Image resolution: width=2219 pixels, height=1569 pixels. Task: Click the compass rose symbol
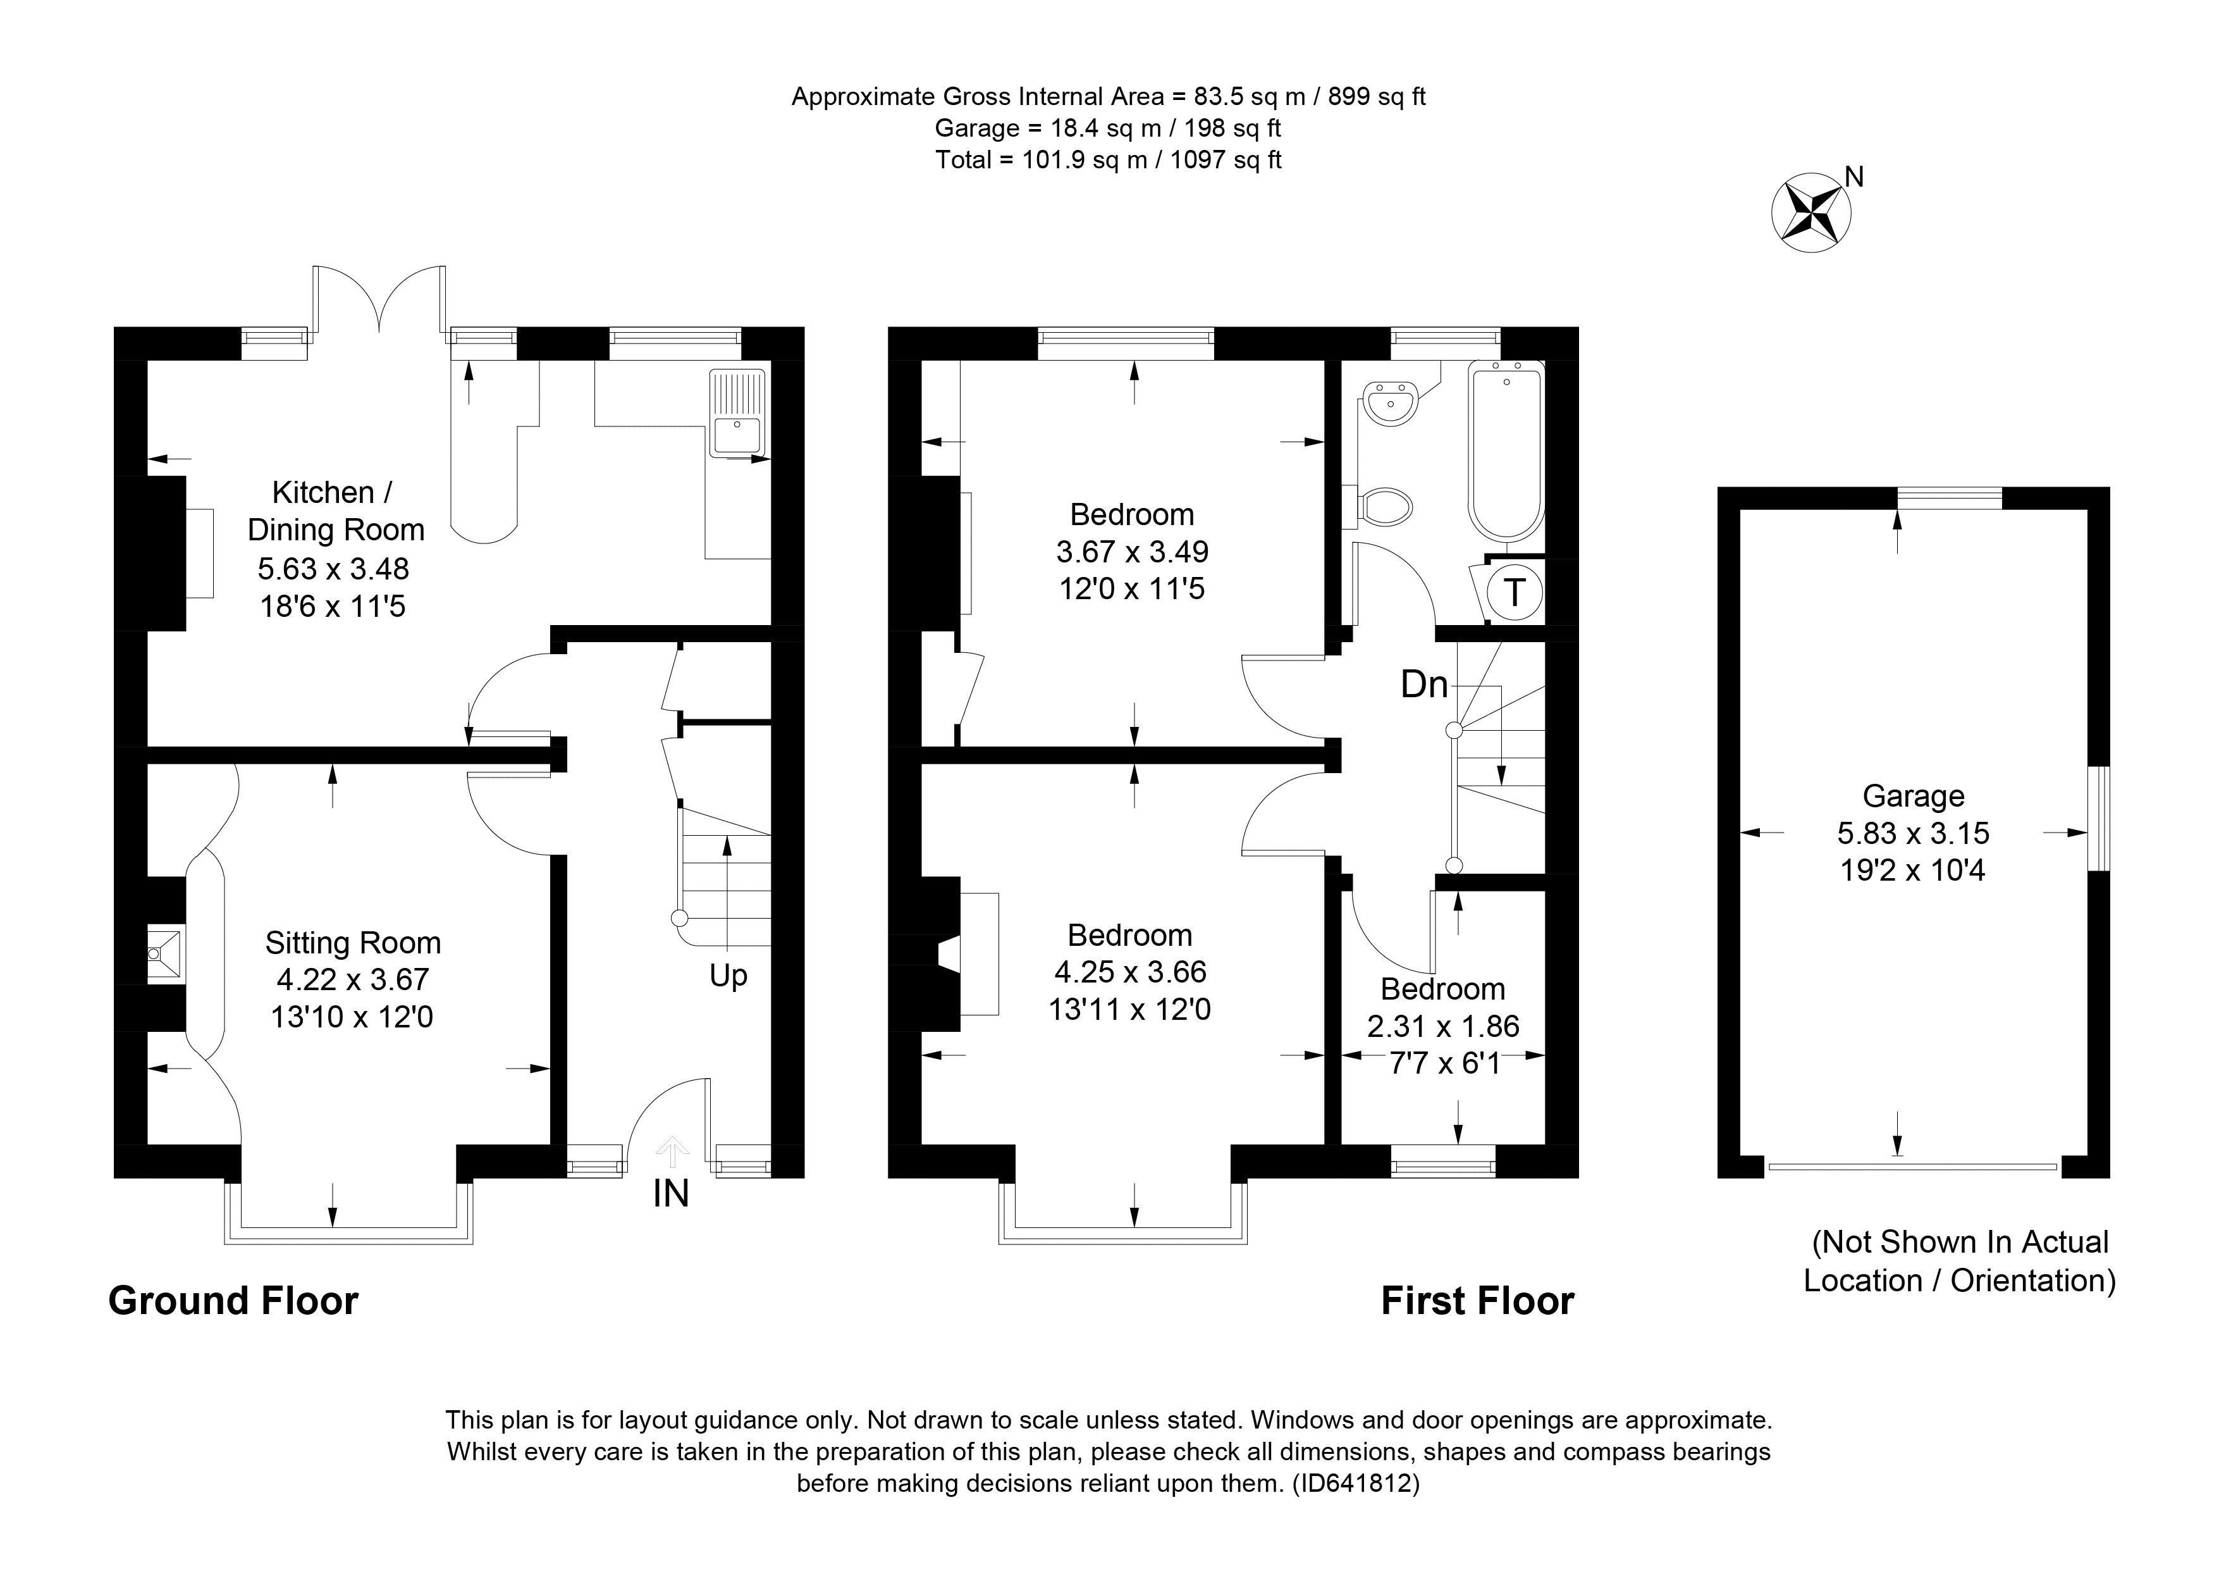(1811, 213)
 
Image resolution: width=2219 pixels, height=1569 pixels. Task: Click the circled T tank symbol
(1513, 592)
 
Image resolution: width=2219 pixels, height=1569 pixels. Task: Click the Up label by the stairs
(728, 976)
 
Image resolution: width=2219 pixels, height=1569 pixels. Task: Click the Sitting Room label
(353, 943)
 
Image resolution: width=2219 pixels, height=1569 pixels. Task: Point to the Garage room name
(1913, 796)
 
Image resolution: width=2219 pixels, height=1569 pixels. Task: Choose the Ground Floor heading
(233, 1301)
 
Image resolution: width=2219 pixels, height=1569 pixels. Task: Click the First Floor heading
(1477, 1301)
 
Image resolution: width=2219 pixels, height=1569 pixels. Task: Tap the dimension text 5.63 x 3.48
(333, 568)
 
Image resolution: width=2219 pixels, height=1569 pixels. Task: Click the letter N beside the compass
(1853, 177)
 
